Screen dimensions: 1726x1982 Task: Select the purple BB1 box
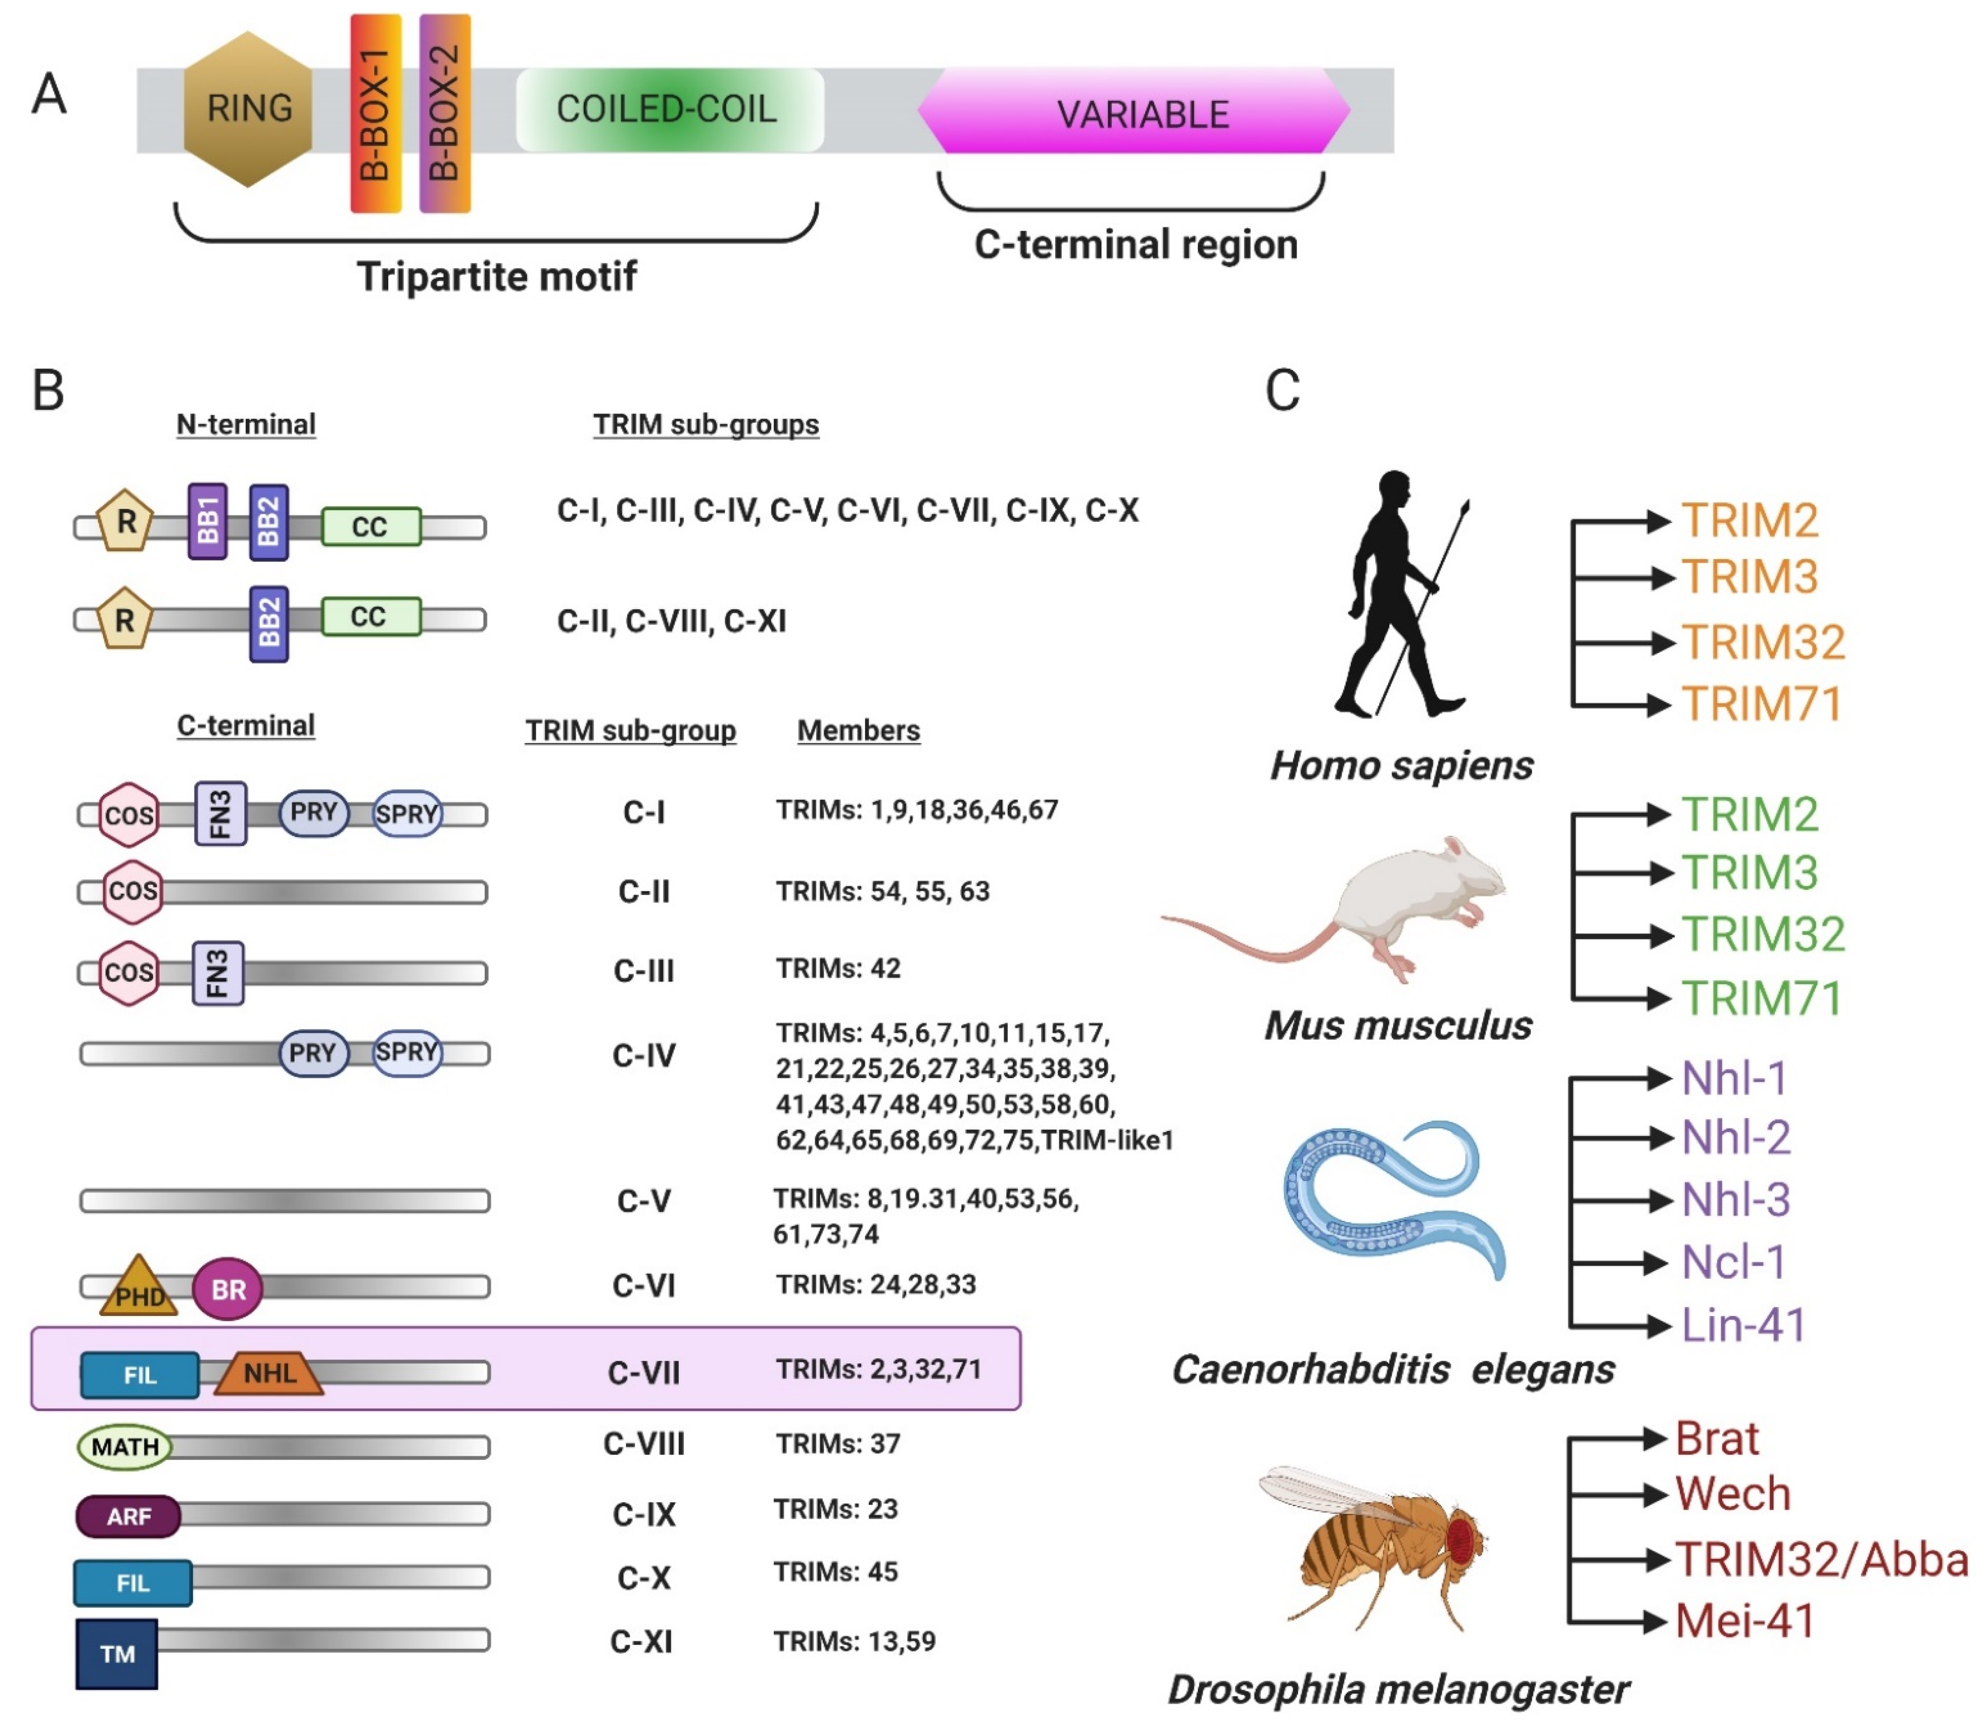(208, 521)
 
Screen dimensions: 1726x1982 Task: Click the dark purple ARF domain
(128, 1516)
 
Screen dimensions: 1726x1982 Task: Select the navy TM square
(117, 1653)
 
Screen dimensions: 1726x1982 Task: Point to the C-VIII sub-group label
(643, 1444)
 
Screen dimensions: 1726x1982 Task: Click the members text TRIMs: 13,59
(854, 1640)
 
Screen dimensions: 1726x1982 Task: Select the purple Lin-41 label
(1742, 1324)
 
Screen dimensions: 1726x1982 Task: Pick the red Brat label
(1716, 1439)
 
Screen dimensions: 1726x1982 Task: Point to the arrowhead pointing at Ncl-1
(1656, 1262)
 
